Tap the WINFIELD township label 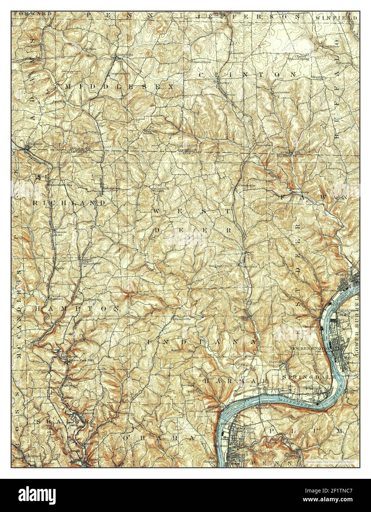tap(336, 17)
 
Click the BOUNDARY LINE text tap(186, 152)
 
